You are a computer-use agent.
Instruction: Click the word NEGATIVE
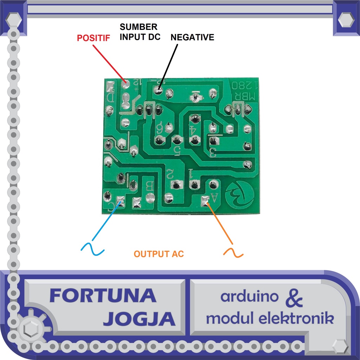click(192, 37)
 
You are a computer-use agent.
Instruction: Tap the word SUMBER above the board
click(139, 27)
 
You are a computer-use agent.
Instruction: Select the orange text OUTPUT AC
click(159, 254)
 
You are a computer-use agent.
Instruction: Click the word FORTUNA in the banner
click(103, 296)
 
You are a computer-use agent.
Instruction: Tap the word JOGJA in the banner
click(139, 319)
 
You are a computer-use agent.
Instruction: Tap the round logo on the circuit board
click(240, 193)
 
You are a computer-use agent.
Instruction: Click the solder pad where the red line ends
click(126, 84)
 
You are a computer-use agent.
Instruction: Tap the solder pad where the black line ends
click(159, 91)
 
